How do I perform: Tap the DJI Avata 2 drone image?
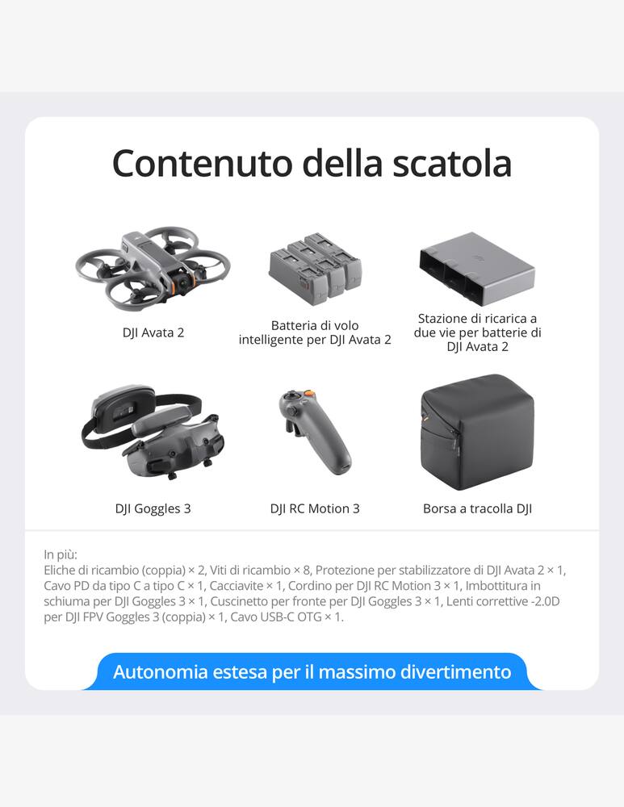[153, 267]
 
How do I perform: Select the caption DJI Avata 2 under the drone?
[153, 332]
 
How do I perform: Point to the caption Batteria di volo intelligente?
[315, 332]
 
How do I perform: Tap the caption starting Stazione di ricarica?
[477, 332]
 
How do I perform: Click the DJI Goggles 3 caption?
[153, 508]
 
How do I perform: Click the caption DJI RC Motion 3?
[315, 508]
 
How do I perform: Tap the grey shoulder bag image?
[477, 431]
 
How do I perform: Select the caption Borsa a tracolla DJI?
[477, 508]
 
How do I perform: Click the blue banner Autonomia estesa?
[312, 671]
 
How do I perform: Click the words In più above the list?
[61, 554]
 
